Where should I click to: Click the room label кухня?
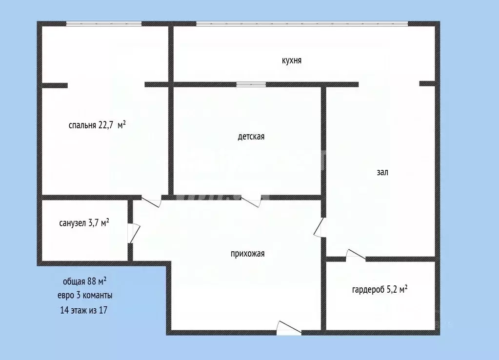click(x=292, y=60)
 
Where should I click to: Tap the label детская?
click(x=251, y=137)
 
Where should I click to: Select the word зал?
click(x=382, y=172)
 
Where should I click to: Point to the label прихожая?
click(x=247, y=253)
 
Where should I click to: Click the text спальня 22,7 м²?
click(x=97, y=125)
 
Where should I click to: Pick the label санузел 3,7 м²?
click(x=84, y=223)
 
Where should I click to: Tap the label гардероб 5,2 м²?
click(x=379, y=290)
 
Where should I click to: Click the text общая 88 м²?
click(x=85, y=281)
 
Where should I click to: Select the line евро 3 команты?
click(x=85, y=295)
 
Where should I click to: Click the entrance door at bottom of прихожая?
click(x=289, y=329)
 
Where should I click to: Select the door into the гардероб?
click(x=355, y=255)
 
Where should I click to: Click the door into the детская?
click(x=254, y=200)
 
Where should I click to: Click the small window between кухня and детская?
click(x=251, y=84)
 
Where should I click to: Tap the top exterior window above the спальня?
click(x=104, y=23)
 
